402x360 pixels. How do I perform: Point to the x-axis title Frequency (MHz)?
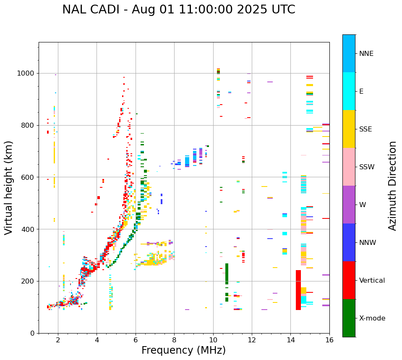coord(183,350)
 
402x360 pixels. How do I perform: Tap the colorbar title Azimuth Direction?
coord(392,186)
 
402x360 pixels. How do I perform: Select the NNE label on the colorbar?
coord(366,54)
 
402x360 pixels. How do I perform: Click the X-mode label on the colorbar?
coord(372,318)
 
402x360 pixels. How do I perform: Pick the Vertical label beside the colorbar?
coord(372,281)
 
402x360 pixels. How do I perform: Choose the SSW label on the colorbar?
coord(367,167)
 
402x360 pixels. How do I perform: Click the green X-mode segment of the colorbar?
coord(349,318)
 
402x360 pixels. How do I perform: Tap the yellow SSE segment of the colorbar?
coord(349,129)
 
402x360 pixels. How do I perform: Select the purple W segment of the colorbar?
coord(349,205)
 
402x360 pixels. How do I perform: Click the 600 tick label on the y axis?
coord(30,177)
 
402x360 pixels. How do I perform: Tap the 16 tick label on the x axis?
coord(329,340)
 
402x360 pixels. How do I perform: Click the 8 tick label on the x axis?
coord(174,340)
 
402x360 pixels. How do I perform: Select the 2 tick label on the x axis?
coord(58,340)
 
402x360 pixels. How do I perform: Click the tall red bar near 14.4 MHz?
coord(298,290)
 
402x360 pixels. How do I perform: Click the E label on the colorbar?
coord(361,92)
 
